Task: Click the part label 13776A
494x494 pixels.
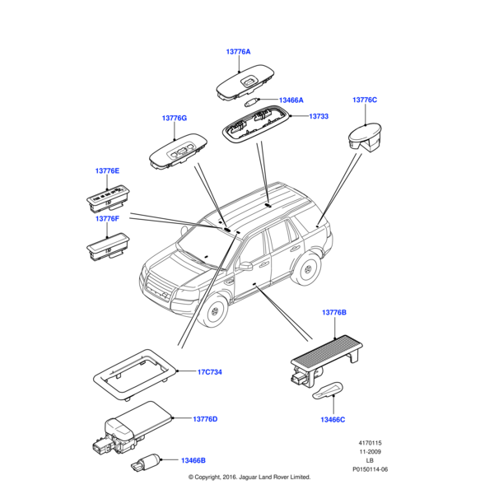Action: tap(238, 52)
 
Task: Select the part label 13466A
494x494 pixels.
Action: tap(291, 100)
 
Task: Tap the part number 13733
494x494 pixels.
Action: tap(319, 117)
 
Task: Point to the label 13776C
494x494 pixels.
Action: tap(365, 100)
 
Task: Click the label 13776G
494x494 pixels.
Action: tap(175, 119)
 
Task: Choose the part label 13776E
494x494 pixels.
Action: tap(107, 170)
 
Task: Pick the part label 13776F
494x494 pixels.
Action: tap(107, 219)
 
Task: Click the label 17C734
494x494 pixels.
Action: tap(210, 372)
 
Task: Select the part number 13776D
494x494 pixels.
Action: tap(205, 419)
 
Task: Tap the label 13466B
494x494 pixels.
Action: tap(193, 460)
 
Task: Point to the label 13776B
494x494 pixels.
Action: tap(334, 313)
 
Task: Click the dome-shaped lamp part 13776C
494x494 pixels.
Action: tap(367, 137)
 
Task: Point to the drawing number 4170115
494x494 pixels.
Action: tap(370, 443)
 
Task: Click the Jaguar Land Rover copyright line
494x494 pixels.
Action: tap(249, 477)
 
